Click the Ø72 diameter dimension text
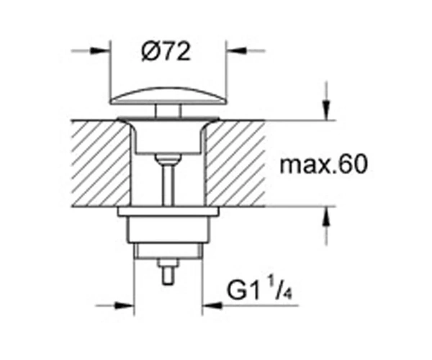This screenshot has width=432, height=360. [166, 52]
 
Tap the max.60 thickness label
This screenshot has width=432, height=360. [324, 164]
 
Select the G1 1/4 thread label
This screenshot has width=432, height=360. [259, 291]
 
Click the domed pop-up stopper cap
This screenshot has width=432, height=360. [168, 96]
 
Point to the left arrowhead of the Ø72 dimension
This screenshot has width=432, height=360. [100, 50]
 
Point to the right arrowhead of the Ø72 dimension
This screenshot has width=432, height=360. [236, 50]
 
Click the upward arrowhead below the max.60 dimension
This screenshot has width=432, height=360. [326, 216]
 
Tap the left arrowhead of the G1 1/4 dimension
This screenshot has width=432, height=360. [124, 305]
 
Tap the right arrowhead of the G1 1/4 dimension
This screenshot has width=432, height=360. [212, 305]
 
